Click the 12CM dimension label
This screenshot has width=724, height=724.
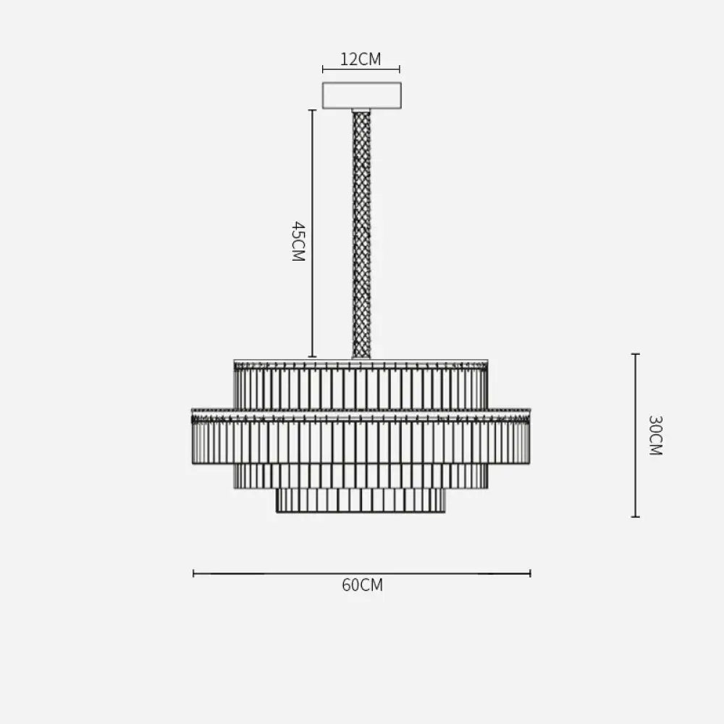[x=361, y=59]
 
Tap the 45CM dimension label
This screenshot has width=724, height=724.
[x=298, y=242]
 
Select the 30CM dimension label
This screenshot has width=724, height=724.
[x=655, y=435]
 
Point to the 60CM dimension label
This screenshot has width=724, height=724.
[x=363, y=585]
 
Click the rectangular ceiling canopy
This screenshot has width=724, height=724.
[x=361, y=96]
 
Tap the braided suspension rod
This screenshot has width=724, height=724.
[x=361, y=235]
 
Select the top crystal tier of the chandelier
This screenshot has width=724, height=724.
[x=361, y=384]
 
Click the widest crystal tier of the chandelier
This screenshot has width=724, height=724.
[x=361, y=437]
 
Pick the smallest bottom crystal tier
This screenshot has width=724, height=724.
[x=361, y=500]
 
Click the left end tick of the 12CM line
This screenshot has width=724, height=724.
[x=323, y=70]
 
